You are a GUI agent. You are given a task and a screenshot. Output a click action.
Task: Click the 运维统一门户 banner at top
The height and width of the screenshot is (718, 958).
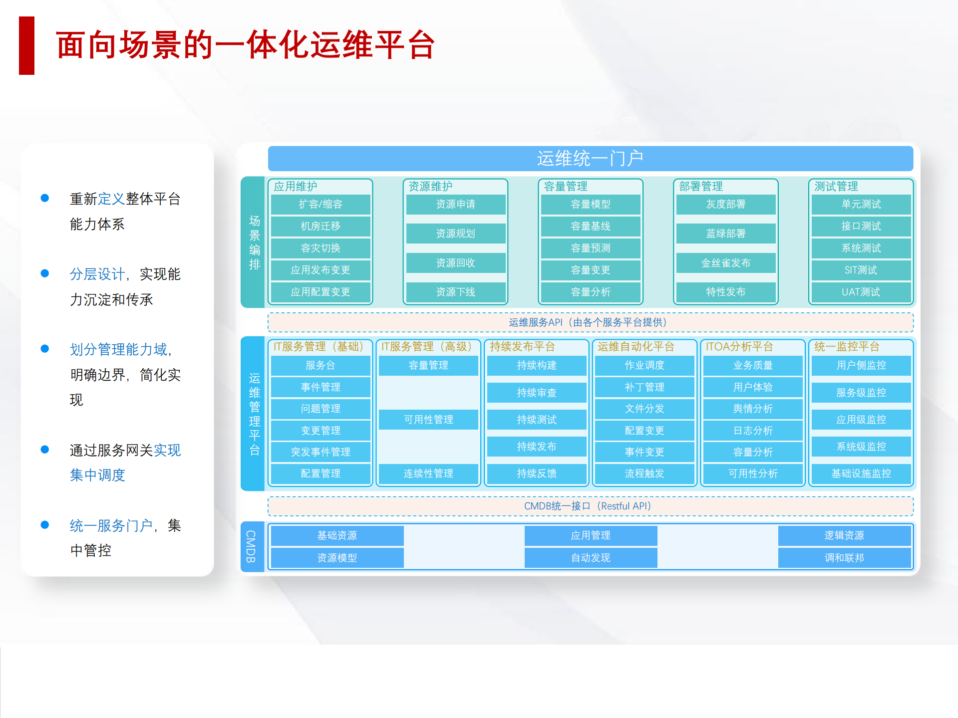pos(590,159)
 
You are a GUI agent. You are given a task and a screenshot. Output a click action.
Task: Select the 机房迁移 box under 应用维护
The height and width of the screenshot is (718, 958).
pos(320,226)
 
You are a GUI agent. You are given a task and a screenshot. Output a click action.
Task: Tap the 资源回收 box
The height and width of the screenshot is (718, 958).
pos(455,263)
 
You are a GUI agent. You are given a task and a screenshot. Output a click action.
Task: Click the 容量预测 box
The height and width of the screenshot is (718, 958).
pos(591,248)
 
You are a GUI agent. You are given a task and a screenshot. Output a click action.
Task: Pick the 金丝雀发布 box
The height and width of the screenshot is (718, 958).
pos(725,263)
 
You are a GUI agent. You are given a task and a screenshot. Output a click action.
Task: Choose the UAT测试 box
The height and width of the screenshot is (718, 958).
pos(861,292)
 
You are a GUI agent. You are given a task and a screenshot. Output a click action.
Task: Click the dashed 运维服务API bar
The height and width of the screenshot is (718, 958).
pos(590,322)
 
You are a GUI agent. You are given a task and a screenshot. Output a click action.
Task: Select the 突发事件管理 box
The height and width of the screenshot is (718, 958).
pos(320,452)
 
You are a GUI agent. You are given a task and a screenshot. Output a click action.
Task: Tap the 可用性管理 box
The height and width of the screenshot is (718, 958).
pos(428,420)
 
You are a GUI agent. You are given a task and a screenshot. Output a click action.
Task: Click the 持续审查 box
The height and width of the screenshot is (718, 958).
pos(537,393)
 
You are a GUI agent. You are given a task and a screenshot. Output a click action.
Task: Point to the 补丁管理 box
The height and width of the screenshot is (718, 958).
pos(644,387)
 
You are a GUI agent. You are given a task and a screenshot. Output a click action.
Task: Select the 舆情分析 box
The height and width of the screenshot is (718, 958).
pos(753,409)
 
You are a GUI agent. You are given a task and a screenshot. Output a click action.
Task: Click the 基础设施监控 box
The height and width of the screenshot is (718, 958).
pos(861,474)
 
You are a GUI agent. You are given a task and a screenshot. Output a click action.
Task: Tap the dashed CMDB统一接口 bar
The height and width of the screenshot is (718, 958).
pos(590,506)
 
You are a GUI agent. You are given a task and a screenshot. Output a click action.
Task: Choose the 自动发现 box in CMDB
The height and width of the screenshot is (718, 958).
pos(591,558)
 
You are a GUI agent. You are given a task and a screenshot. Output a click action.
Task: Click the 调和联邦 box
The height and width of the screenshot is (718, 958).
pos(844,558)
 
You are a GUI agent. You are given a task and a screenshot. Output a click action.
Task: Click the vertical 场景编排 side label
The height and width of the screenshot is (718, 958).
pos(254,242)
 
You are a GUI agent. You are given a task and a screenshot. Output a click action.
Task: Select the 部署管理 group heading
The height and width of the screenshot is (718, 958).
pos(701,187)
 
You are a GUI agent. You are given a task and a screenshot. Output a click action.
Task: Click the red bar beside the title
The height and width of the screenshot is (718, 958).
pos(26,45)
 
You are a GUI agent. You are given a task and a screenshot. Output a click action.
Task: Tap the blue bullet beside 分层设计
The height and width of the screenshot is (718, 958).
pos(45,273)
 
